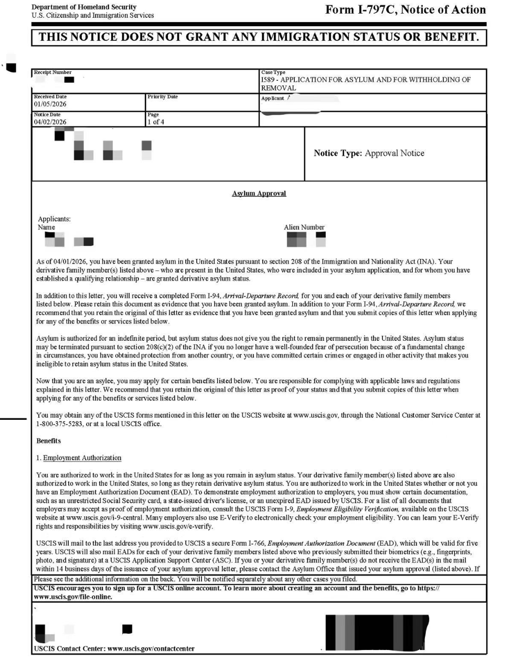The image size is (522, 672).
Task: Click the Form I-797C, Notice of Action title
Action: coord(405,10)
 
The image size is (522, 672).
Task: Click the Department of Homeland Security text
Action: coord(83,7)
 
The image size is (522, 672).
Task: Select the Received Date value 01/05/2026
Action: coord(50,104)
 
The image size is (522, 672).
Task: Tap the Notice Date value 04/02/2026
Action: coord(50,122)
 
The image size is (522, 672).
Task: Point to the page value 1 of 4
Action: coord(156,122)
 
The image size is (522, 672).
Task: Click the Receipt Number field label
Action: coord(52,72)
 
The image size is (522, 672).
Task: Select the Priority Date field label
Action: coord(162,96)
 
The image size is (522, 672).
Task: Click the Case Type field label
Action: coord(273,72)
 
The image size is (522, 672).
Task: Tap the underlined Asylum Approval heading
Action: coord(259,193)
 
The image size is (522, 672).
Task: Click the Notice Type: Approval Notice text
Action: coord(369,153)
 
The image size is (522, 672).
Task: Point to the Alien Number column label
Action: coord(304,227)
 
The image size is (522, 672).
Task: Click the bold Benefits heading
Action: coord(48,441)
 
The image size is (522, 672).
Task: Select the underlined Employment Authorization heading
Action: coord(82,458)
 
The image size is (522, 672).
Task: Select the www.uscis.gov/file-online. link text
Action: coord(72,597)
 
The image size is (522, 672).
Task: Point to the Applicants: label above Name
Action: coord(54,219)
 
